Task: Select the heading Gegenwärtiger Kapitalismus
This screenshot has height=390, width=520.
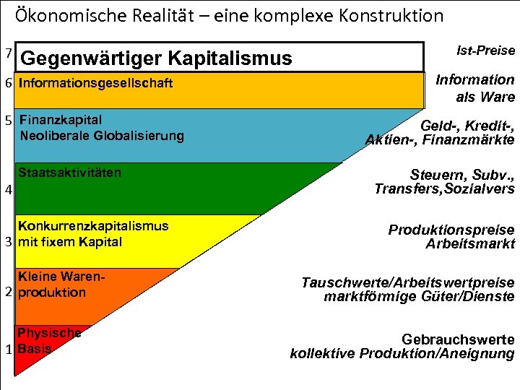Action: (x=157, y=58)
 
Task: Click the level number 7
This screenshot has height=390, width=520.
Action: (x=8, y=53)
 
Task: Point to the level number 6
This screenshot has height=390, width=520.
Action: (x=8, y=83)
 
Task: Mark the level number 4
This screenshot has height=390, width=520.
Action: (x=8, y=191)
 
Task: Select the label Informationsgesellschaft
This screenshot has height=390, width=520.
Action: (x=95, y=83)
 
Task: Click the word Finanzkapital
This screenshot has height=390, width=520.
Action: (x=61, y=120)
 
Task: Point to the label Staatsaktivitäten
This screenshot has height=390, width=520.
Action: (x=69, y=173)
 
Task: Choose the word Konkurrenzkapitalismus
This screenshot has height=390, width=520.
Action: (x=93, y=226)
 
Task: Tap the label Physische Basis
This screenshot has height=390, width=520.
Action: (x=48, y=341)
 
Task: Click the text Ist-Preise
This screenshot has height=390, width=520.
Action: (x=486, y=51)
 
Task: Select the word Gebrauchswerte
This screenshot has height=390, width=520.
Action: (x=458, y=339)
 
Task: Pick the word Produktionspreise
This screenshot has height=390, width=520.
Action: (x=451, y=230)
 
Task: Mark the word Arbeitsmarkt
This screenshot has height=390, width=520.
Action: (x=470, y=244)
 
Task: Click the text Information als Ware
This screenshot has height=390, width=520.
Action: (x=474, y=88)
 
